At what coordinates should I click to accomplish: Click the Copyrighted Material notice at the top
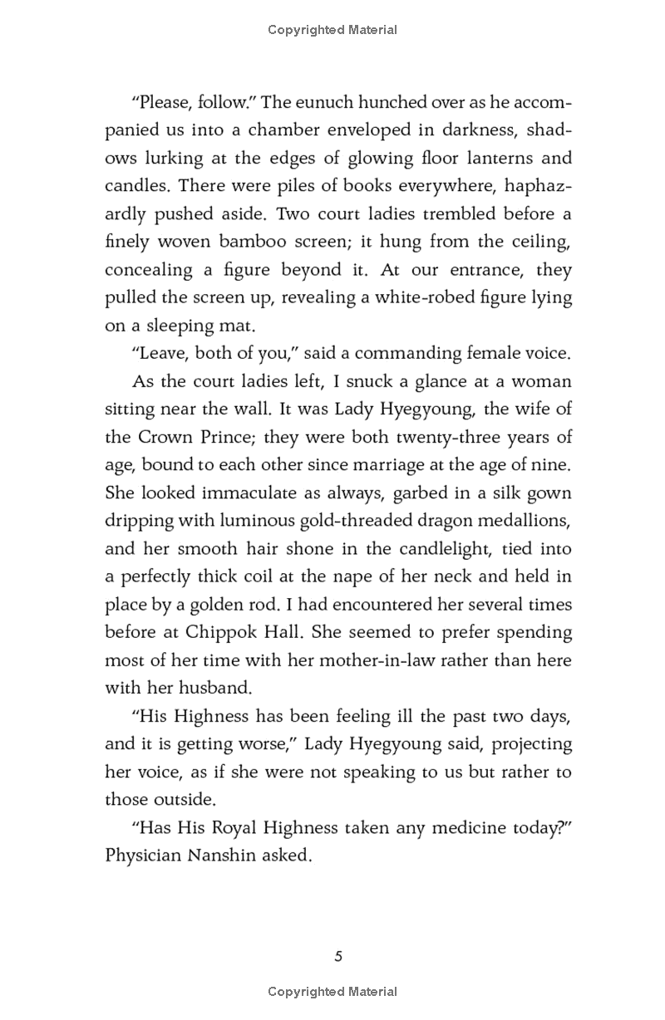(x=332, y=30)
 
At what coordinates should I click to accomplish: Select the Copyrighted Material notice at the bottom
(x=332, y=991)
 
